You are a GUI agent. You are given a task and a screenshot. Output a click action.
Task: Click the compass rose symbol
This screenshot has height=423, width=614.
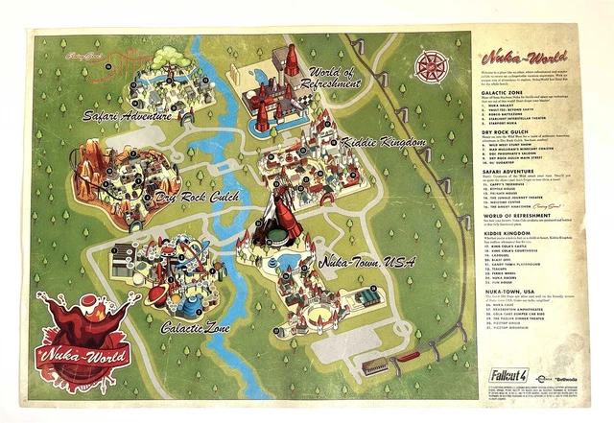[433, 65]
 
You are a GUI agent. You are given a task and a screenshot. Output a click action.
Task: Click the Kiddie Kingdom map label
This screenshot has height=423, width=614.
[384, 143]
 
